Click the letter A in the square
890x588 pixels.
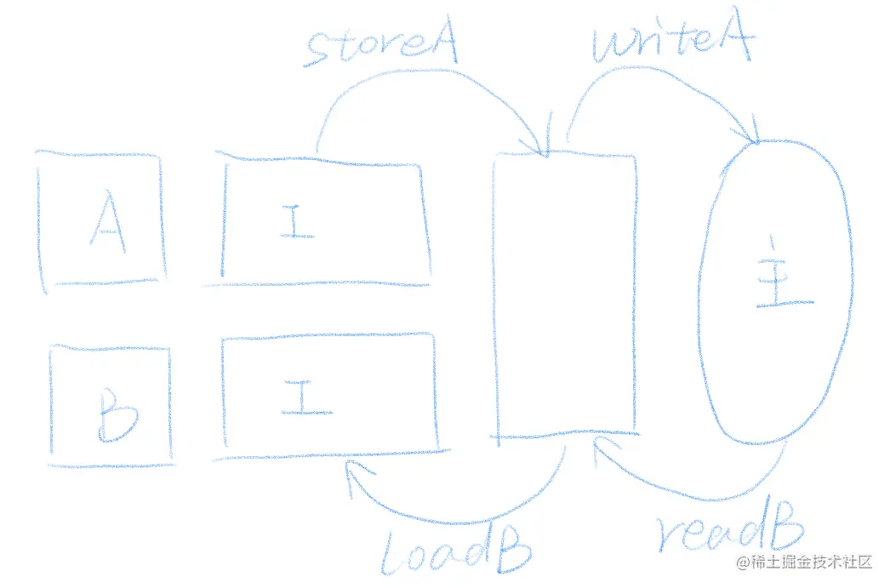[107, 221]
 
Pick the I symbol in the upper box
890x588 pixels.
[291, 221]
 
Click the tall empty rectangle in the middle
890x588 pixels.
[565, 294]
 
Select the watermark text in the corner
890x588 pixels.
[804, 562]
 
